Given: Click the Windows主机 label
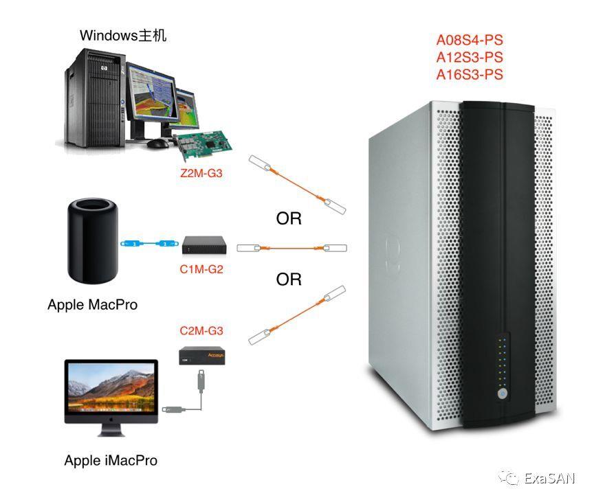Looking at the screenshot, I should tap(123, 35).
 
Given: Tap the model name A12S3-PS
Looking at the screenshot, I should tap(470, 58).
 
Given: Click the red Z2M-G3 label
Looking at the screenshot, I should tap(201, 174).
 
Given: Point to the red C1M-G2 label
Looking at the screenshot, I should tap(201, 270).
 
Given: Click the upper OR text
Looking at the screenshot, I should tap(289, 219).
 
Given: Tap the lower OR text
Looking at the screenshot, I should tap(289, 279).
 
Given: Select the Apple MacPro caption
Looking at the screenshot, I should tap(92, 304).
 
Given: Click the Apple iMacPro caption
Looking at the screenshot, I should tap(111, 460).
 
